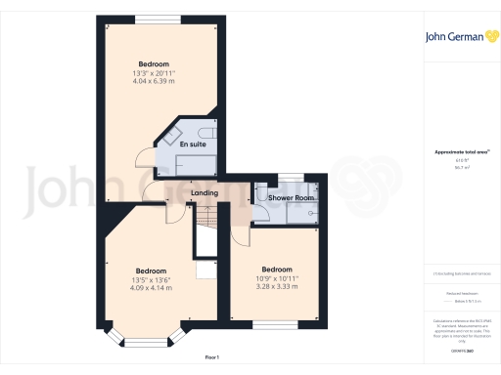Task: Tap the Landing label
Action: pos(205,192)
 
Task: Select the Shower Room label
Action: pos(292,198)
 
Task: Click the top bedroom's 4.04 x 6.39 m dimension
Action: pos(154,81)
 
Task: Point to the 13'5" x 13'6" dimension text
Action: pos(151,279)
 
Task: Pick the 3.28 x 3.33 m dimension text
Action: pos(277,287)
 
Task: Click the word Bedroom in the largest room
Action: pos(154,63)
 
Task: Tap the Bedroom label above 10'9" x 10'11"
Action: pos(277,269)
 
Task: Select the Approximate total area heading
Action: pos(456,152)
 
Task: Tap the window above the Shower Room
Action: pos(290,177)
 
